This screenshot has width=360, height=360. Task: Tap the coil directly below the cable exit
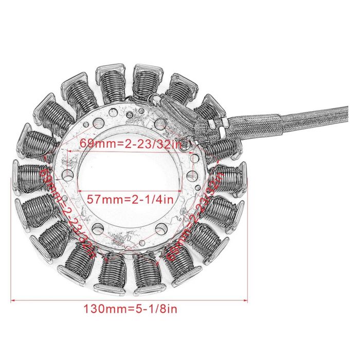point(219,149)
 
